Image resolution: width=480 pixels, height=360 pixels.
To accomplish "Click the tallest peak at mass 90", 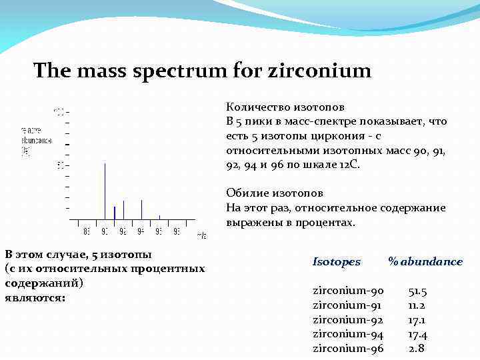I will tap(105, 190).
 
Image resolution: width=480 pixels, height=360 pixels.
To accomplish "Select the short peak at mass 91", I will tap(114, 213).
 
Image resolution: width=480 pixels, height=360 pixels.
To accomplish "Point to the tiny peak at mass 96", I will tap(159, 217).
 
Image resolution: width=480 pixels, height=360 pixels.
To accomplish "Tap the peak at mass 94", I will tap(141, 209).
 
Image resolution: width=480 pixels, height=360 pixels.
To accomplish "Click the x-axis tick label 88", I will tap(87, 232).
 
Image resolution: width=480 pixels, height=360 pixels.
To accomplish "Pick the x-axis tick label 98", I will tap(177, 232).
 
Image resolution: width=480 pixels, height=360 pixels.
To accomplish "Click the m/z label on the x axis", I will tap(201, 235).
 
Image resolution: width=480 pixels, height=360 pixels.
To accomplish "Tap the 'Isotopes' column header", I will tap(337, 261).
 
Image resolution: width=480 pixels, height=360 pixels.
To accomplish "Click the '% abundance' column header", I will tap(425, 261).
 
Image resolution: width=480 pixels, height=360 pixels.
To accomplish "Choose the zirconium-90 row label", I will tap(348, 291).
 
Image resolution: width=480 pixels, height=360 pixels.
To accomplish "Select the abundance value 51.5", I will tap(417, 291).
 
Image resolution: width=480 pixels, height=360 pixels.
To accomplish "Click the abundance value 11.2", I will tap(417, 305).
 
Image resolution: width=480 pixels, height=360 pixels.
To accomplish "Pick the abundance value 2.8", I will tap(417, 348).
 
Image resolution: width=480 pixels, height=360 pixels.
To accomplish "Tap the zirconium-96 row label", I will tap(348, 348).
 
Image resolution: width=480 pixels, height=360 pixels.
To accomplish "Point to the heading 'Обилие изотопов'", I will tap(275, 193).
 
